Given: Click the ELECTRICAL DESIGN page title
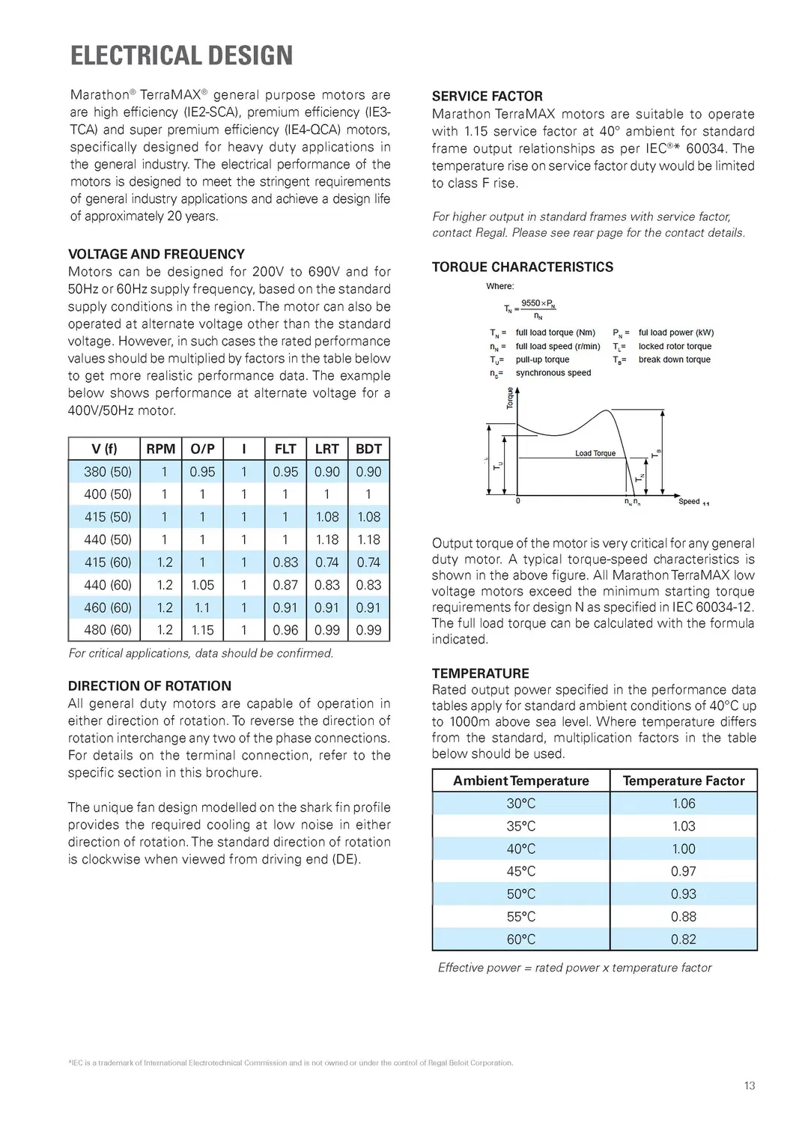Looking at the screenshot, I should coord(181,55).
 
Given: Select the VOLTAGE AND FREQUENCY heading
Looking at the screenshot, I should coord(157,254).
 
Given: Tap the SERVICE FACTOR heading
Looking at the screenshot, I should coord(487,96).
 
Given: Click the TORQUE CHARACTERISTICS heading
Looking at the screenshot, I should coord(522,267).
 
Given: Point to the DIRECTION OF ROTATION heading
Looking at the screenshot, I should coord(150,685).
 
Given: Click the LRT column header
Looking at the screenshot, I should coord(326,449).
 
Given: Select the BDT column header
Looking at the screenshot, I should coord(368,449).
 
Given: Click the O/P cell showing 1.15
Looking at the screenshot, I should coord(202,630).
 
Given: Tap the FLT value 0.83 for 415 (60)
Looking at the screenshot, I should coord(285,562).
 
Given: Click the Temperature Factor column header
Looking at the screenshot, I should coord(683,780).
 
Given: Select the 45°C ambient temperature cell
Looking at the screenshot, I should coord(521,871).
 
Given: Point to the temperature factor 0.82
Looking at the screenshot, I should coord(683,939).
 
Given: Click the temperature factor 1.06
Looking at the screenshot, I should coord(683,803).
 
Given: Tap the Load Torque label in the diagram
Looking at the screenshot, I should coord(595,453).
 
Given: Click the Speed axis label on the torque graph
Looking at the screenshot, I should coord(689,501).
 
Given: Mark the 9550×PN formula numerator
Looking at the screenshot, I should coord(538,303).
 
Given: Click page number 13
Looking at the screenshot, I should coord(750,1085).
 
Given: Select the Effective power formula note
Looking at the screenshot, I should coord(574,968).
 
